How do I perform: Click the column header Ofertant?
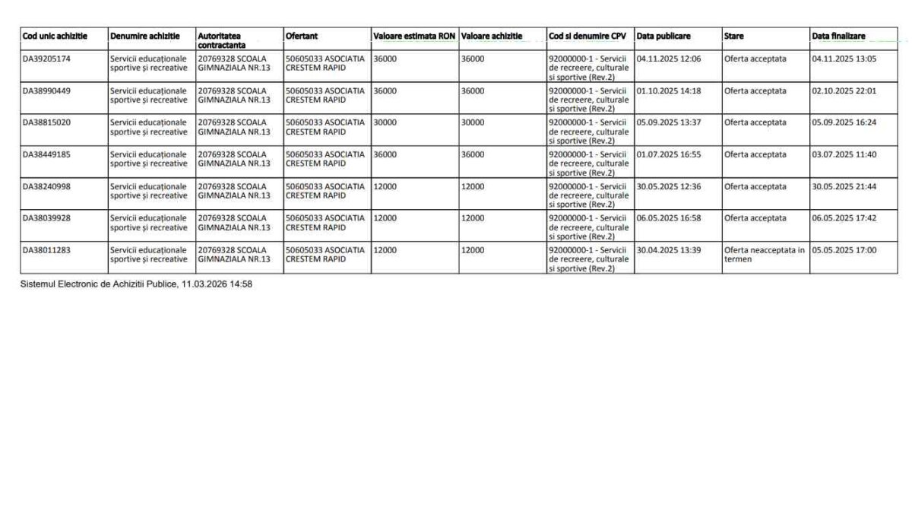(302, 36)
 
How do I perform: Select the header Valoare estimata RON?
(414, 36)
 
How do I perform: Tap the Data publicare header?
(663, 36)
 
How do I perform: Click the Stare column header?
(734, 36)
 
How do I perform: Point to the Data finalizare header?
(838, 36)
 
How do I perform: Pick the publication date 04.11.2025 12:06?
(669, 59)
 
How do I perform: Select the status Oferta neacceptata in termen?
(764, 255)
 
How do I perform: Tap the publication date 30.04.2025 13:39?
(669, 250)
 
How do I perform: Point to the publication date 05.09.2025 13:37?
(669, 122)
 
